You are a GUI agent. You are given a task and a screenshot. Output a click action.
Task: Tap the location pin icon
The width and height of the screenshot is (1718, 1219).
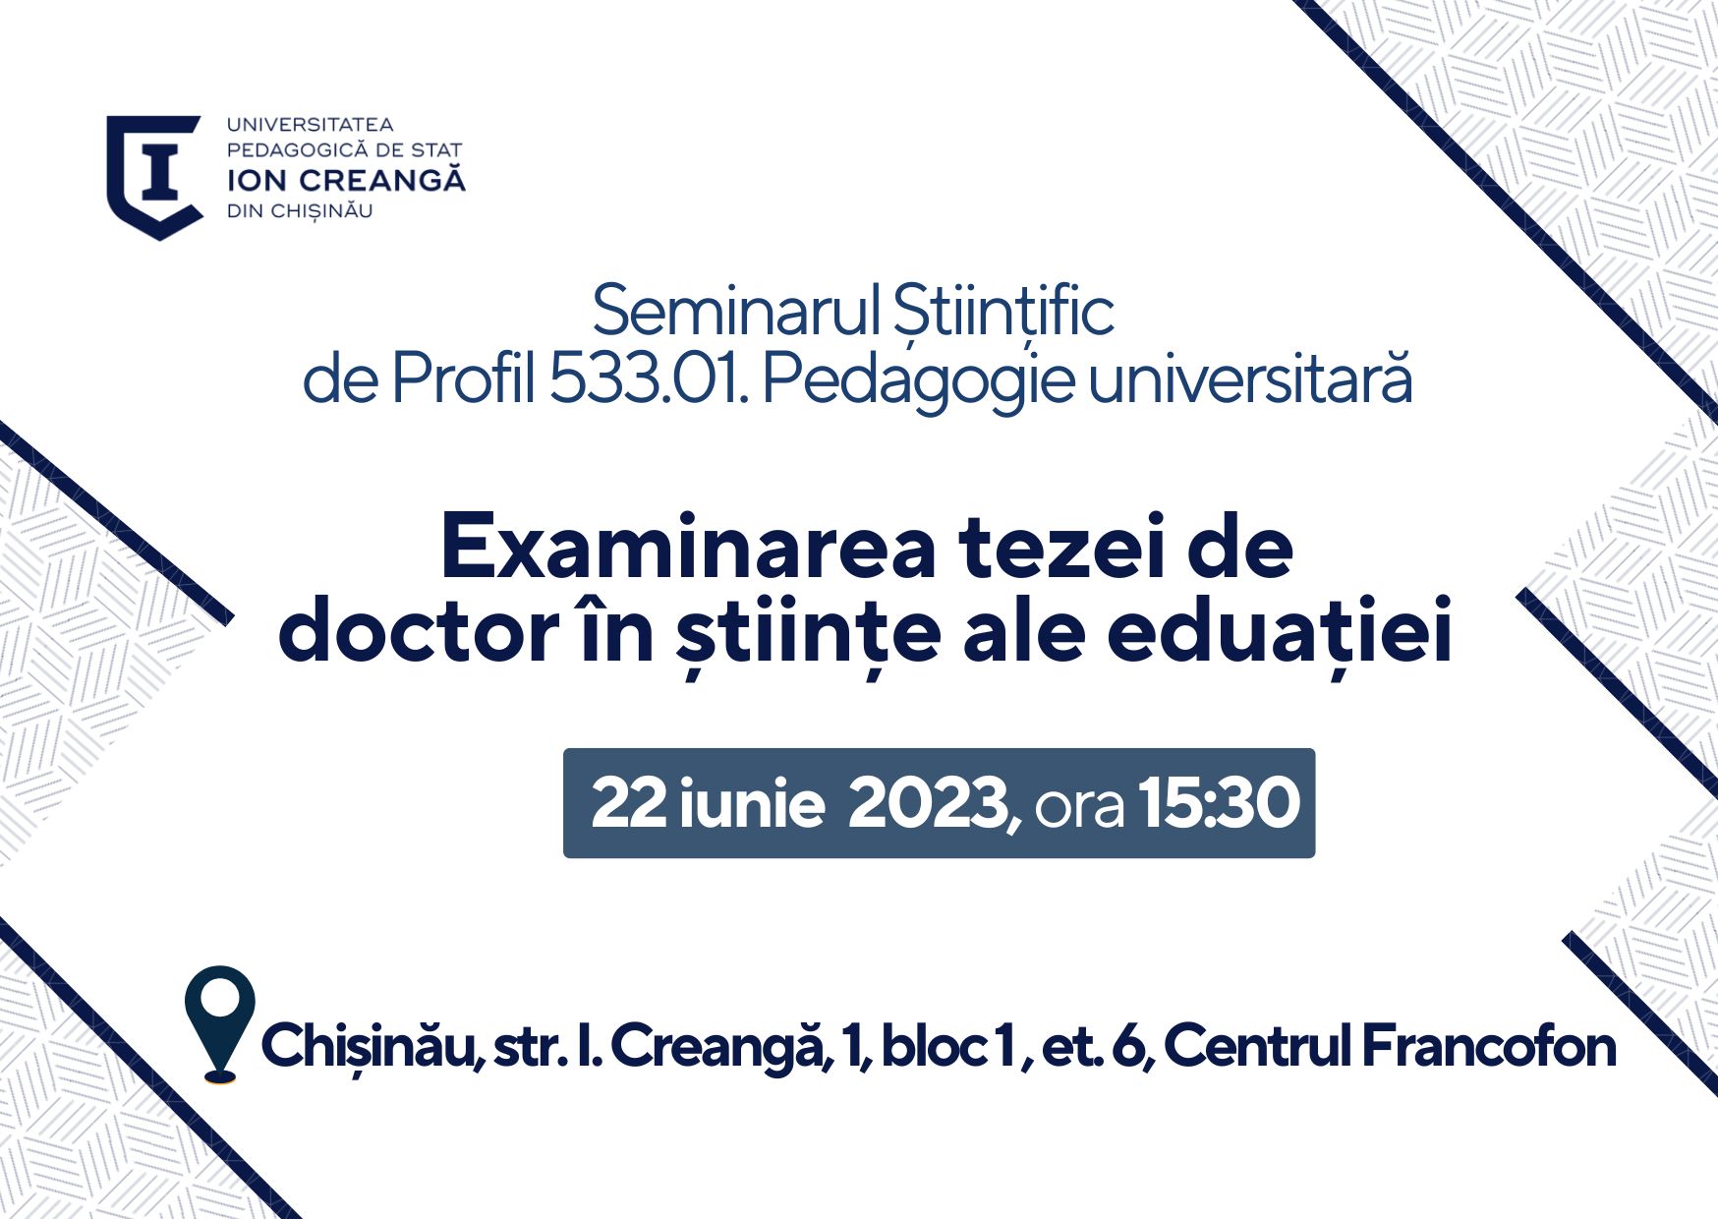click(220, 1022)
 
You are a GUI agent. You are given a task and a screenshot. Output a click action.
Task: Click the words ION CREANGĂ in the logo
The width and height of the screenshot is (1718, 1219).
click(345, 181)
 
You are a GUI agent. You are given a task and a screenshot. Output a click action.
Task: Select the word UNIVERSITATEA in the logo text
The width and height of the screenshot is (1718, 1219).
click(310, 125)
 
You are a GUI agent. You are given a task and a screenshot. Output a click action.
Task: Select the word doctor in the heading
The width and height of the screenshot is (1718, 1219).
click(418, 634)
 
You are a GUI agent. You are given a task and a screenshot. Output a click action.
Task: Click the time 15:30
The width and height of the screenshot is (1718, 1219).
click(1220, 804)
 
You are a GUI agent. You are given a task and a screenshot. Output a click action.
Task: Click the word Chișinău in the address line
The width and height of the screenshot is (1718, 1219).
click(369, 1046)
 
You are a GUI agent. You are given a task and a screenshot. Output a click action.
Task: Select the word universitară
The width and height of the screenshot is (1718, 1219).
click(1249, 378)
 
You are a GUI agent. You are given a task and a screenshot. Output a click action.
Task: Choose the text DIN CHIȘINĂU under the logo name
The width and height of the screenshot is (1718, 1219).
click(300, 211)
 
